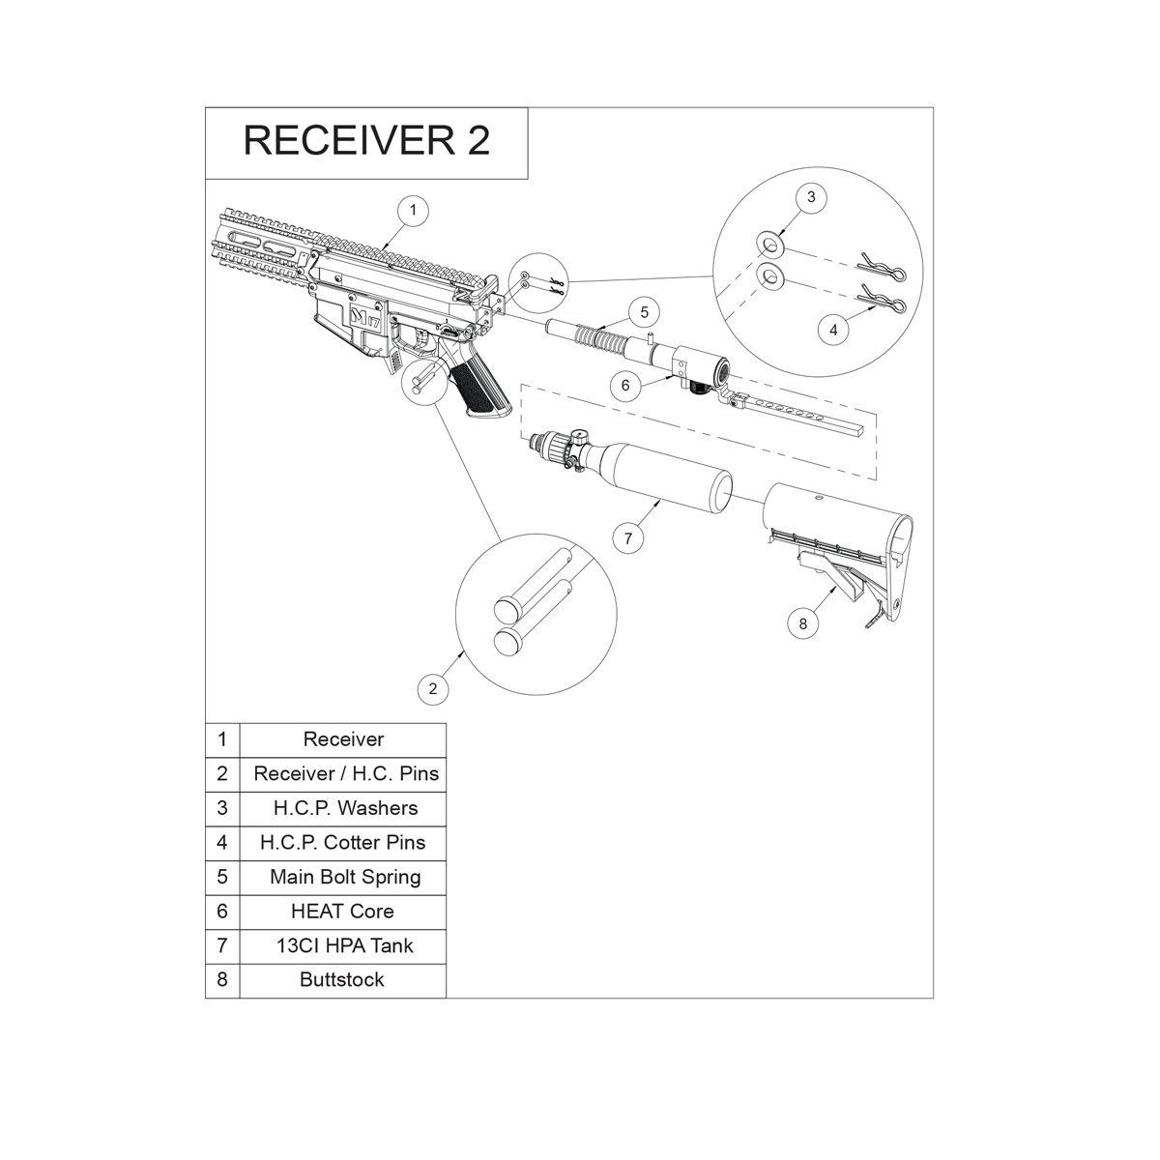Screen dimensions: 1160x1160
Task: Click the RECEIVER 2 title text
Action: click(366, 140)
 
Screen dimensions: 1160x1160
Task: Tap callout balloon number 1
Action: click(413, 210)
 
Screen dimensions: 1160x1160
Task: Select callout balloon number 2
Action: click(433, 688)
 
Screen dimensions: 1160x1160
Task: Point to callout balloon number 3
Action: click(811, 197)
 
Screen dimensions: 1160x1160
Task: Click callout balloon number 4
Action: click(833, 330)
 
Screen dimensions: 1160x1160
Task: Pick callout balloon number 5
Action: click(643, 313)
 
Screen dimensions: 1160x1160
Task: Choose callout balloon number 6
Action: click(625, 385)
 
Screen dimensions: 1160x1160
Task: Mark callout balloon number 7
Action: click(628, 538)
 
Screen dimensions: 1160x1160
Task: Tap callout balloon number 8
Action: click(802, 623)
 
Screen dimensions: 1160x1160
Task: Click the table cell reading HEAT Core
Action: click(342, 911)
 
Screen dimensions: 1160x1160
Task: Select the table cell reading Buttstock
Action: click(342, 979)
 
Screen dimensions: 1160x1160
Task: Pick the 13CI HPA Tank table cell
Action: click(342, 945)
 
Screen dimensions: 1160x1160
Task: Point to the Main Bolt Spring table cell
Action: click(342, 877)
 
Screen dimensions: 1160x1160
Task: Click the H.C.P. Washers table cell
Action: click(342, 808)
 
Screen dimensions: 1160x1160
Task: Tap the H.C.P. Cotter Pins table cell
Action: click(342, 842)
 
